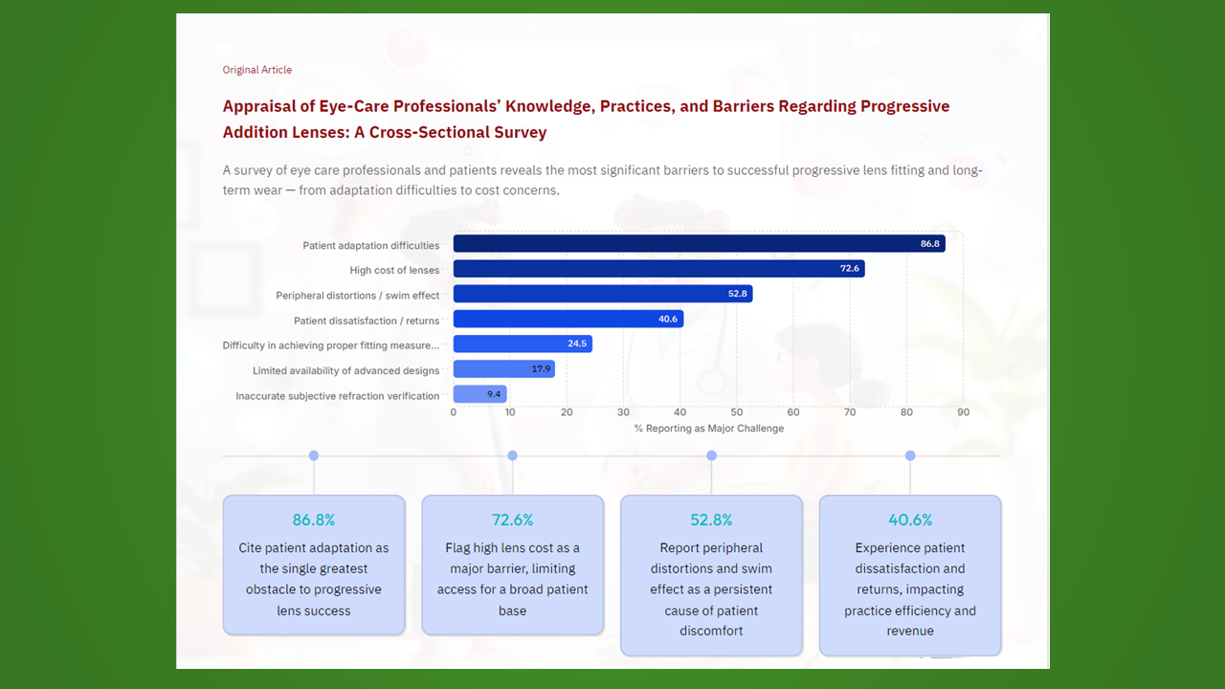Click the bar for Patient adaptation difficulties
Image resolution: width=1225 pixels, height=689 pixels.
pyautogui.click(x=699, y=244)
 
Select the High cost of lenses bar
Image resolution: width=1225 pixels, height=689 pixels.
pyautogui.click(x=658, y=269)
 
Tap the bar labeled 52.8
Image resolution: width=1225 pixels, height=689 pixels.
pyautogui.click(x=603, y=294)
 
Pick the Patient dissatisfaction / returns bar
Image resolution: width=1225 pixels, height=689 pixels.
pyautogui.click(x=568, y=319)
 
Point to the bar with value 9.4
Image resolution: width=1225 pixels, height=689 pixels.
pyautogui.click(x=479, y=393)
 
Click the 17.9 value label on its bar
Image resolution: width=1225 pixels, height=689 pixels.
pyautogui.click(x=542, y=368)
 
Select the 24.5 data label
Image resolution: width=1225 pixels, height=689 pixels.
pyautogui.click(x=577, y=344)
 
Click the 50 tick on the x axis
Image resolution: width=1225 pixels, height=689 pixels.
pyautogui.click(x=737, y=412)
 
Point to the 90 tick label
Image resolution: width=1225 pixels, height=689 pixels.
pyautogui.click(x=963, y=412)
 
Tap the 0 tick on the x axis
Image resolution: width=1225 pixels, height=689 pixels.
pyautogui.click(x=454, y=412)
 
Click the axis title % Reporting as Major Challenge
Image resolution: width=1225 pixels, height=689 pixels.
pyautogui.click(x=708, y=429)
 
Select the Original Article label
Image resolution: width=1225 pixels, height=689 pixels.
pyautogui.click(x=257, y=70)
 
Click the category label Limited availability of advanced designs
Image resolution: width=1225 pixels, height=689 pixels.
pyautogui.click(x=346, y=370)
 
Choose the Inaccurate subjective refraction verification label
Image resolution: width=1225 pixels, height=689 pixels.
pyautogui.click(x=338, y=395)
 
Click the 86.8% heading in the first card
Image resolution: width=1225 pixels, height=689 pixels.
pyautogui.click(x=314, y=520)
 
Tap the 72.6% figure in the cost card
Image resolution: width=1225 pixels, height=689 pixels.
pyautogui.click(x=512, y=520)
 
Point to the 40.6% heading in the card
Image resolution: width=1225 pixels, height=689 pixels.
pyautogui.click(x=910, y=520)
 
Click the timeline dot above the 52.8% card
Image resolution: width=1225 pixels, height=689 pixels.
pyautogui.click(x=711, y=456)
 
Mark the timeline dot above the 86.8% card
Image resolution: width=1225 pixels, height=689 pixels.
pyautogui.click(x=314, y=456)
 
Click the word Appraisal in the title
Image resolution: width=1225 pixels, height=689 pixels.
pyautogui.click(x=259, y=106)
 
